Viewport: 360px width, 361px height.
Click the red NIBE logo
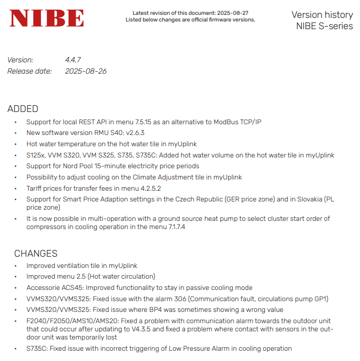(x=47, y=19)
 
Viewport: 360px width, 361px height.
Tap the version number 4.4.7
(x=73, y=60)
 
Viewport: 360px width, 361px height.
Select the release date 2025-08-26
(x=85, y=71)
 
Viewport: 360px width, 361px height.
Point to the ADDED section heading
(x=22, y=109)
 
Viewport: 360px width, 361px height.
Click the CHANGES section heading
(x=36, y=254)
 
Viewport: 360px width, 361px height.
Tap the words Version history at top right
(x=322, y=15)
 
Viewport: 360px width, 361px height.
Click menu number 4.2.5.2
(x=149, y=188)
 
